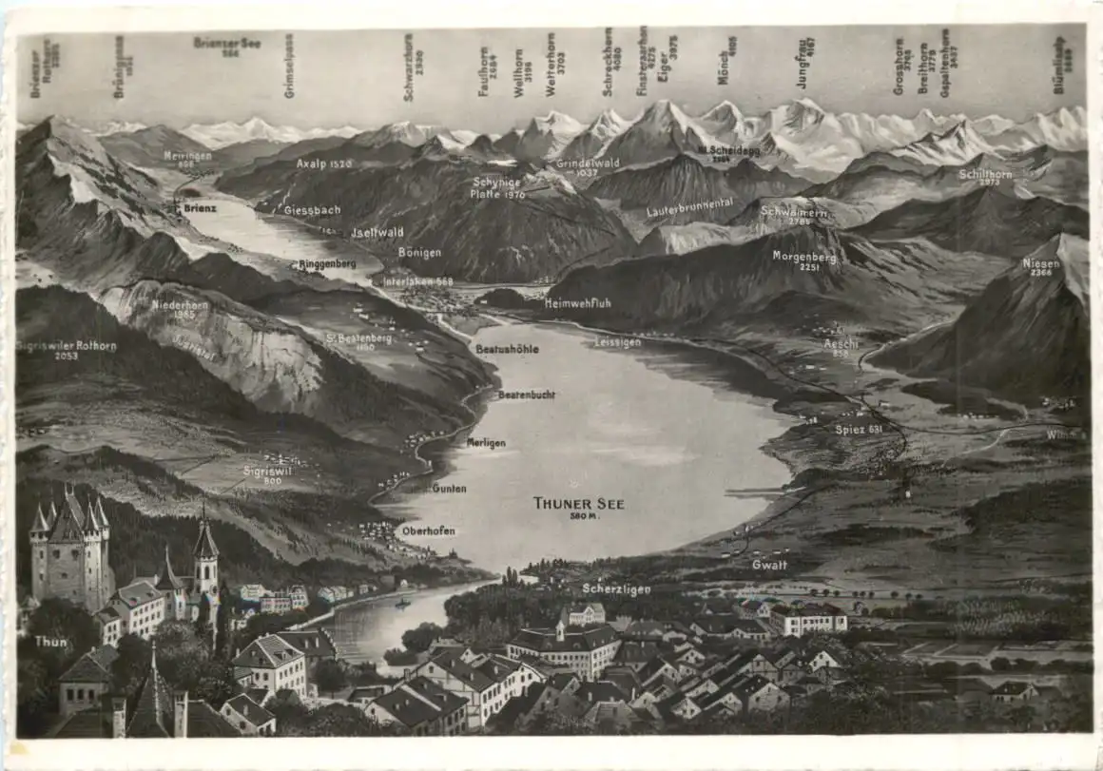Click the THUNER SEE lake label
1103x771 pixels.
point(578,505)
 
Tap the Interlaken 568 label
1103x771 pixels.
point(418,281)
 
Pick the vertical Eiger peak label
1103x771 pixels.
point(673,57)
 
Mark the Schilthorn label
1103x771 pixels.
point(985,176)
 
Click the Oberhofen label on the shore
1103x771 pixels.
point(428,530)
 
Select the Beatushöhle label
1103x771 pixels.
point(507,349)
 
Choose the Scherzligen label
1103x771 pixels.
point(616,589)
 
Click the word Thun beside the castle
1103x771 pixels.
point(50,642)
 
